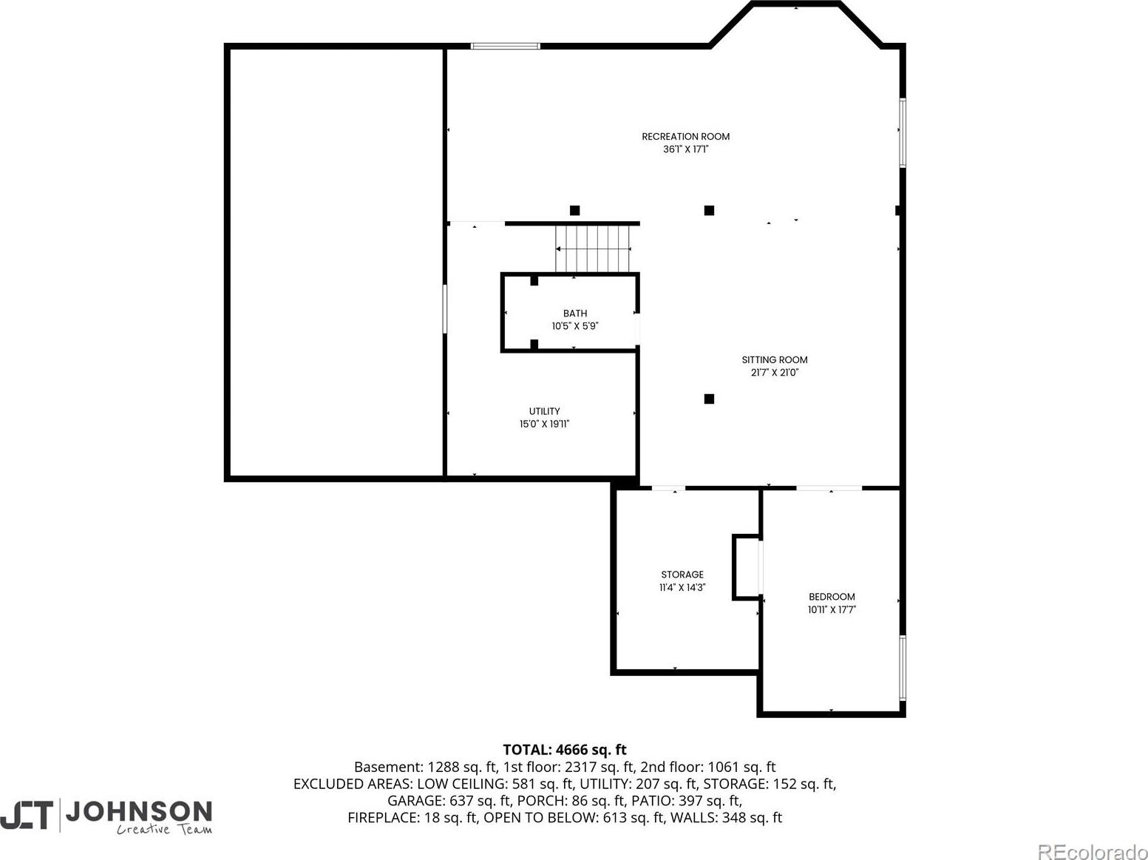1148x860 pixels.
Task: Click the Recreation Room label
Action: pos(685,137)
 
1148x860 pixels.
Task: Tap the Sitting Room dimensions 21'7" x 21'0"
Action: pos(774,373)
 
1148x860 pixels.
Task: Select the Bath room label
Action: pos(575,314)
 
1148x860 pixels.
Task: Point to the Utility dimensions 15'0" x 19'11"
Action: pos(544,424)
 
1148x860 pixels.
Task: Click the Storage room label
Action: pos(682,575)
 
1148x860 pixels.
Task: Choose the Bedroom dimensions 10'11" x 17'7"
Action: pos(832,609)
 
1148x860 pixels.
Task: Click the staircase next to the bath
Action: pos(593,249)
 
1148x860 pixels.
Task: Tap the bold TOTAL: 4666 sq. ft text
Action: pos(564,750)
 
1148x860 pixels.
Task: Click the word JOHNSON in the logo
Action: pos(138,811)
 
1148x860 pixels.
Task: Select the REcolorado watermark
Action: pos(1092,851)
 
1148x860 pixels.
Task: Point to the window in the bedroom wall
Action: pos(902,668)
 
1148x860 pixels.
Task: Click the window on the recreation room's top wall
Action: pos(505,46)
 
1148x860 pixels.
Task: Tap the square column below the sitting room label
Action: pos(709,399)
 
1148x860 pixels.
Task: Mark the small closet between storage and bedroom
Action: pos(747,567)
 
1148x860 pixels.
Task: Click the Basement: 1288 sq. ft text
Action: pos(425,767)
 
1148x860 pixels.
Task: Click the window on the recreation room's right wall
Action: pos(902,132)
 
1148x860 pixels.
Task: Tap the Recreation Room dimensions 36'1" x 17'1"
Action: pos(685,149)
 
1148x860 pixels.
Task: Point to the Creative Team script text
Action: pos(164,829)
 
